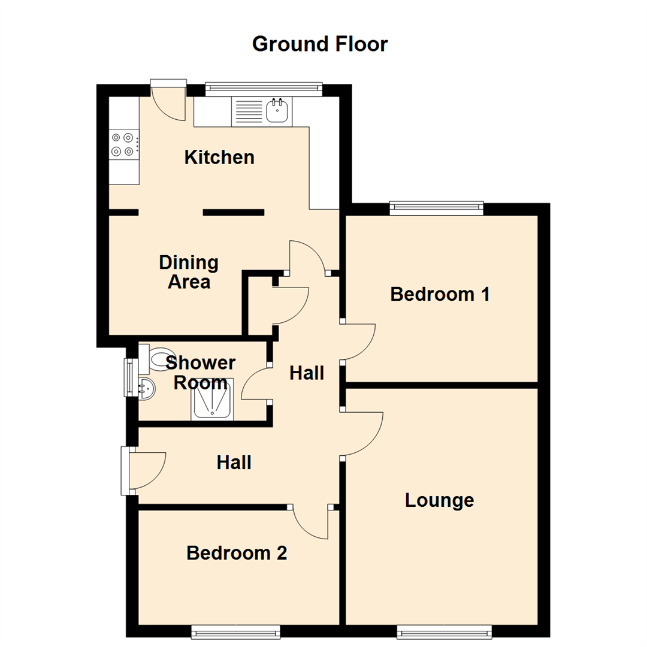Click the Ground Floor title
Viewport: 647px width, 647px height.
pyautogui.click(x=320, y=44)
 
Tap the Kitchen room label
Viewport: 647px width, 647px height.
pyautogui.click(x=219, y=158)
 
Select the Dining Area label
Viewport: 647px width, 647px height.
pyautogui.click(x=189, y=272)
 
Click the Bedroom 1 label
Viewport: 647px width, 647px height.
pyautogui.click(x=440, y=294)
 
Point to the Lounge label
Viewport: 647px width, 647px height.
pyautogui.click(x=440, y=500)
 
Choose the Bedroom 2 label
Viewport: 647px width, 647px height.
pyautogui.click(x=237, y=553)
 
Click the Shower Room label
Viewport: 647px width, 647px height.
pyautogui.click(x=201, y=373)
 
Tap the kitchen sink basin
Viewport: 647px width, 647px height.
pyautogui.click(x=277, y=110)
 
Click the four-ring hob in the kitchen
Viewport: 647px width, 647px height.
pyautogui.click(x=123, y=144)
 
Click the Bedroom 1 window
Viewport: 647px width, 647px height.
pyautogui.click(x=436, y=208)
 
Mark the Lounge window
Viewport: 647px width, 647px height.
pyautogui.click(x=444, y=631)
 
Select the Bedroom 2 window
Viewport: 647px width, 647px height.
pyautogui.click(x=235, y=631)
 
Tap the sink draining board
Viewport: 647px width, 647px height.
pyautogui.click(x=248, y=111)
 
